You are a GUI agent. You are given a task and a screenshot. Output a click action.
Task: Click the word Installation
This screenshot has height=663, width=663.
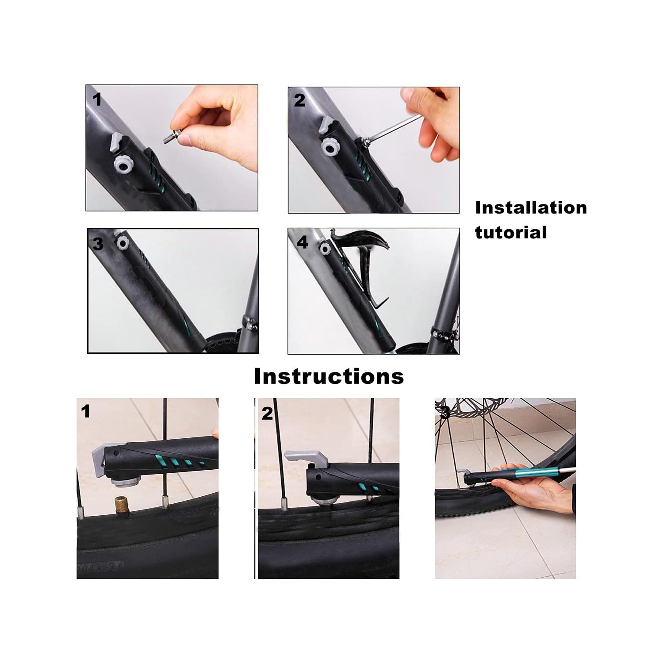(531, 208)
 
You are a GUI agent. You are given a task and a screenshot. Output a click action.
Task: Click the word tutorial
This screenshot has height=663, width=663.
(511, 233)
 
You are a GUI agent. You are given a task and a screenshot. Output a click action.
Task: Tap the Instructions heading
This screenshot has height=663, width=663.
(329, 376)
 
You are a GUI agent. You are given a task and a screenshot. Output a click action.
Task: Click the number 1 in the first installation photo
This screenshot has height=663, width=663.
(97, 100)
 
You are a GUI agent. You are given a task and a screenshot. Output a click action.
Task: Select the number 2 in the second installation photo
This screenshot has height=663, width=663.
(299, 100)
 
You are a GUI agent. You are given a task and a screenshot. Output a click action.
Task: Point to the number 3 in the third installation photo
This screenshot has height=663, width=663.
(98, 244)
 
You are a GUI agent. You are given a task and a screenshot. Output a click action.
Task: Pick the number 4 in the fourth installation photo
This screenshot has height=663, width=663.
(302, 242)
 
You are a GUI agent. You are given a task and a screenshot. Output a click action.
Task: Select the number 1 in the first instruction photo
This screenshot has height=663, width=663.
(85, 411)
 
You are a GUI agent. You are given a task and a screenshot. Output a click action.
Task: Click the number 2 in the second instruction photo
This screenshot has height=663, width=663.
(267, 414)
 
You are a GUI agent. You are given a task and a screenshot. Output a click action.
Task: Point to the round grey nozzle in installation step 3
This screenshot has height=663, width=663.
(122, 242)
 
